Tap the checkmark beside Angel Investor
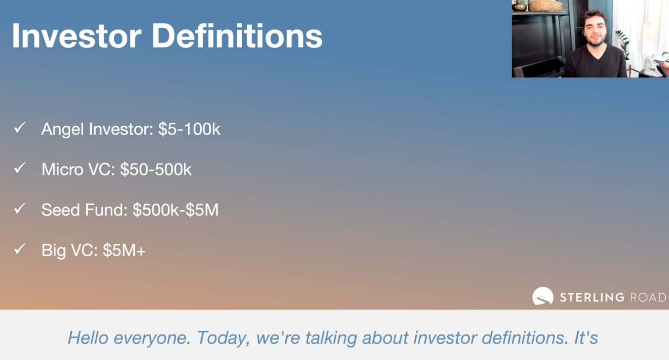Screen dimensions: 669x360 20,128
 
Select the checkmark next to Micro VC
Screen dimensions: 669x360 20,168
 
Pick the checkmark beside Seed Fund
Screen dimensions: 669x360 20,208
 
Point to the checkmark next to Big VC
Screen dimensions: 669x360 20,249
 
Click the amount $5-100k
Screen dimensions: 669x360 189,129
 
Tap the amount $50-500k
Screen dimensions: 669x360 156,169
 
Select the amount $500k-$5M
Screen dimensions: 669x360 176,210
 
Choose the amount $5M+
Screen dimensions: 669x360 124,250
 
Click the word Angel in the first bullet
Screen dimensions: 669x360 63,130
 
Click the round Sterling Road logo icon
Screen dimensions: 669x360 543,296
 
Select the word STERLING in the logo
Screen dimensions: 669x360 592,297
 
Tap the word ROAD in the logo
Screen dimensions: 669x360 648,297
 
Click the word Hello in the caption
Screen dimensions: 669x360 88,338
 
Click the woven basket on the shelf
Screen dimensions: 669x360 546,5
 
